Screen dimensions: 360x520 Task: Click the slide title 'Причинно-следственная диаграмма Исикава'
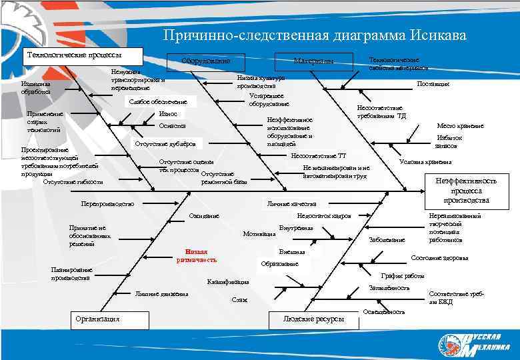[315, 35]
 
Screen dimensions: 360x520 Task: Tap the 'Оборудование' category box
[206, 61]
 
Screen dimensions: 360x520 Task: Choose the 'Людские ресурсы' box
[314, 319]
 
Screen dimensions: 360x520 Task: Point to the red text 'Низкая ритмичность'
[197, 255]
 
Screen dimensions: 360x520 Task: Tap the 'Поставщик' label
[433, 84]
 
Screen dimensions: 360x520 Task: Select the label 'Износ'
[169, 114]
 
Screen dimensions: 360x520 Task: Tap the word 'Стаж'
[239, 300]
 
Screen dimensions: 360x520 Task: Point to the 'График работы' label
[403, 275]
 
